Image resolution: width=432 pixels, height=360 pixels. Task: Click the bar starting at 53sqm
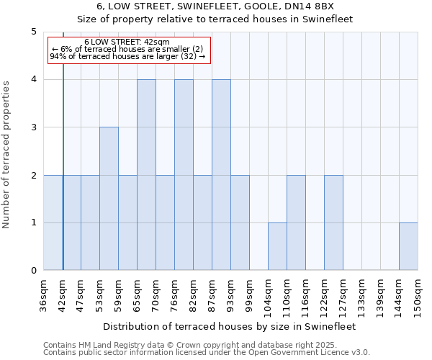(109, 199)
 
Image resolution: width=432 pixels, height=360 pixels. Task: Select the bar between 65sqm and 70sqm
(146, 175)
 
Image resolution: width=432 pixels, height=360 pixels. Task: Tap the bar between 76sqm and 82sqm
(184, 175)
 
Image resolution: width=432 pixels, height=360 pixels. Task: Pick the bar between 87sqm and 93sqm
(221, 175)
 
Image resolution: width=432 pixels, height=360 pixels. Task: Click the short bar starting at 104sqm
(277, 246)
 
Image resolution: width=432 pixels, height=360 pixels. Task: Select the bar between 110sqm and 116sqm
(296, 222)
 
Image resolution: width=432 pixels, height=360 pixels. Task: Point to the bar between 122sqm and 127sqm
(333, 222)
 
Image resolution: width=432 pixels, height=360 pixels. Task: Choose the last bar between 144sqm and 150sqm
(408, 246)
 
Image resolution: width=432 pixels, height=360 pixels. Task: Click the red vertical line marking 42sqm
(63, 180)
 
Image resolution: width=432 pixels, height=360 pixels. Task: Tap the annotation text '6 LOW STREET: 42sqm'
(127, 42)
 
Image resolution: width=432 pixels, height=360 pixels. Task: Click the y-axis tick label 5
(34, 32)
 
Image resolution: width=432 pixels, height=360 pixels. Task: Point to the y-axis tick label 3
(34, 127)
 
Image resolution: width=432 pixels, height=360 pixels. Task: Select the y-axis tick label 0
(34, 271)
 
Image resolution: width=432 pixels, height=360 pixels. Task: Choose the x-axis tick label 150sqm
(418, 297)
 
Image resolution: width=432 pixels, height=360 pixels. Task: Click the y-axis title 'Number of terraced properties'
(7, 155)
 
